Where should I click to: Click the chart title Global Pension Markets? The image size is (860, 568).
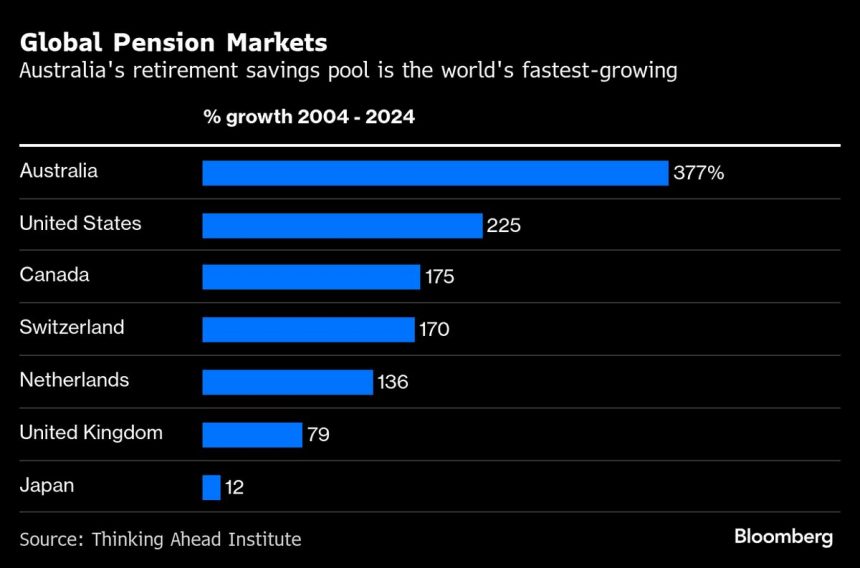(x=173, y=44)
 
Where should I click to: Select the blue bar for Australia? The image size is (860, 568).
(x=435, y=173)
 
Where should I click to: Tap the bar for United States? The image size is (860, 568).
(x=342, y=225)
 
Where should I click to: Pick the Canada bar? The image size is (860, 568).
(x=311, y=277)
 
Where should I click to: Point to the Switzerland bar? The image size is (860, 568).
(x=308, y=329)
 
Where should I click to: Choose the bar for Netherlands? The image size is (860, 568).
(x=287, y=382)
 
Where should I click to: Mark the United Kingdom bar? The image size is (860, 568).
(x=252, y=434)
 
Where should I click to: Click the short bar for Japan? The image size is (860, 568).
(x=211, y=487)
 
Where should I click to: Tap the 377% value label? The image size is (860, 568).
(x=698, y=173)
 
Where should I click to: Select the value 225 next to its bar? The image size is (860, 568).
(x=503, y=225)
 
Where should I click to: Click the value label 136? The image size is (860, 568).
(x=392, y=382)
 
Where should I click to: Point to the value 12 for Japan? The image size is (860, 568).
(x=234, y=488)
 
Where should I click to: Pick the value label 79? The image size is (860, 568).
(x=318, y=435)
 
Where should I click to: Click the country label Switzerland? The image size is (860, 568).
(x=72, y=327)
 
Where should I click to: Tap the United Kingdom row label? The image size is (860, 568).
(x=91, y=433)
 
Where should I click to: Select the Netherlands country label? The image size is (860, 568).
(x=74, y=380)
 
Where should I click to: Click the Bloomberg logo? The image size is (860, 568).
(x=783, y=537)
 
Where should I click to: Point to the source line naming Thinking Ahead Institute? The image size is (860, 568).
(x=160, y=539)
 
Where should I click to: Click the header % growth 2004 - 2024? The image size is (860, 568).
(x=309, y=117)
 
